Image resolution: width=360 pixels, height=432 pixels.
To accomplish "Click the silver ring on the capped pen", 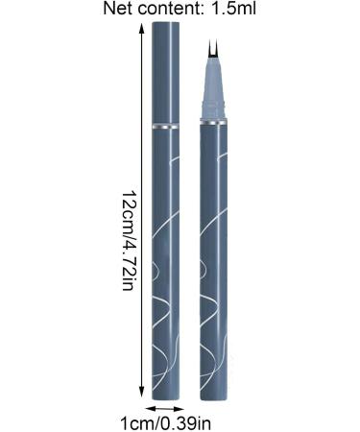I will [x=166, y=126].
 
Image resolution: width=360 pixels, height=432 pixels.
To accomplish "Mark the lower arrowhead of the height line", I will [x=144, y=396].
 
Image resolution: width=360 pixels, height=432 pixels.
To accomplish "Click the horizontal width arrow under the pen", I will [x=166, y=408].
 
